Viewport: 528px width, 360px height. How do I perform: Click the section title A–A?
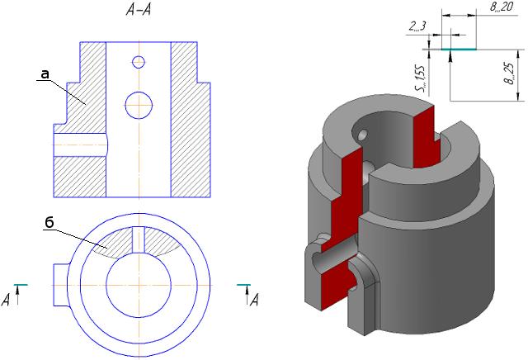coord(138,11)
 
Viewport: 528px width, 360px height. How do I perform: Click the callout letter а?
coord(45,74)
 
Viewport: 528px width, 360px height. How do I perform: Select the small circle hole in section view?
coord(139,62)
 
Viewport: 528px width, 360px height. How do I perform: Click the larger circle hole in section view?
coord(139,104)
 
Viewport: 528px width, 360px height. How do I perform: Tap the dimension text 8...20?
coord(497,7)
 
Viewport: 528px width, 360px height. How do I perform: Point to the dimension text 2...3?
coord(417,27)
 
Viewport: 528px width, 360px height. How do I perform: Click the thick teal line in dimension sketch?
coord(458,50)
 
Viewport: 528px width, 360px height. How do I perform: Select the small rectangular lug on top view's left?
coord(60,275)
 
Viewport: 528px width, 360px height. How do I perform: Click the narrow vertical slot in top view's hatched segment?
coord(139,239)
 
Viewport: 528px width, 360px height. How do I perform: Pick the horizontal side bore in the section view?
coord(80,144)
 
